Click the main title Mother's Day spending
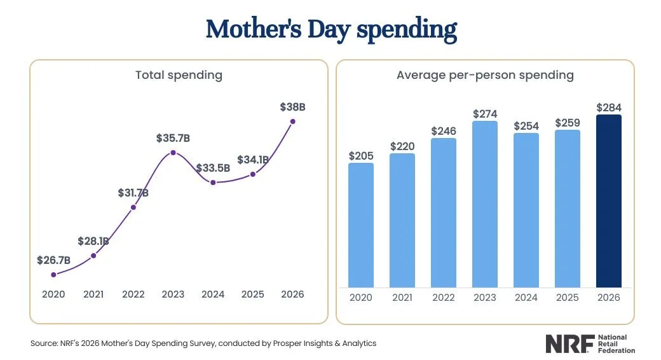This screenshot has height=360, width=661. coord(330,30)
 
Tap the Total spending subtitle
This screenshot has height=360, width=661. coord(179,75)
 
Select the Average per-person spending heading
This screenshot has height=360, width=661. coord(485,75)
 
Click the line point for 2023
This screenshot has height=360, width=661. coord(173,153)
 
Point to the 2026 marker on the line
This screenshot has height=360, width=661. coord(292,121)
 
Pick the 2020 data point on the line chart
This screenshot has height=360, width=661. coord(53,275)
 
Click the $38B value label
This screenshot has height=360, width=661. coord(292,107)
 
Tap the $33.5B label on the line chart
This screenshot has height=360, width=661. coord(213,169)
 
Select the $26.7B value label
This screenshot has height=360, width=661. coord(53,260)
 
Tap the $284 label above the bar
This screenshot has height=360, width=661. coord(608,107)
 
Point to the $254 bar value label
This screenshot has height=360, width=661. coord(526,125)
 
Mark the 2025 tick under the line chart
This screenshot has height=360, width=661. coord(252,294)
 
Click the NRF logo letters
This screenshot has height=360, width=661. coord(568,344)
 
